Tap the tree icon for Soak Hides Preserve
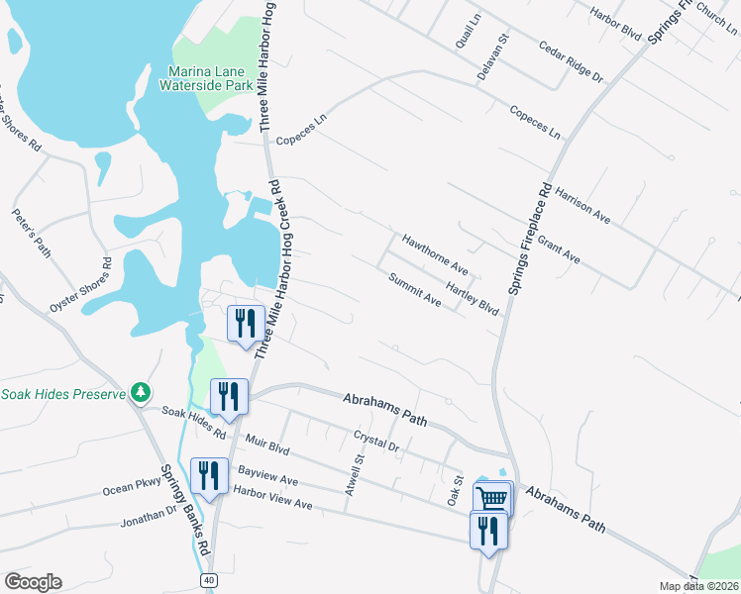(x=141, y=393)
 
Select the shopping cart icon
(x=492, y=498)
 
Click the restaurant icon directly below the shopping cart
(x=487, y=530)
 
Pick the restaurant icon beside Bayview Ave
(x=208, y=474)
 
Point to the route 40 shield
(x=209, y=578)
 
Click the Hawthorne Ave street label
(x=435, y=253)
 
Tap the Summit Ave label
(x=414, y=288)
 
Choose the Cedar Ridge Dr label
(x=571, y=61)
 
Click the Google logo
(x=33, y=581)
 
